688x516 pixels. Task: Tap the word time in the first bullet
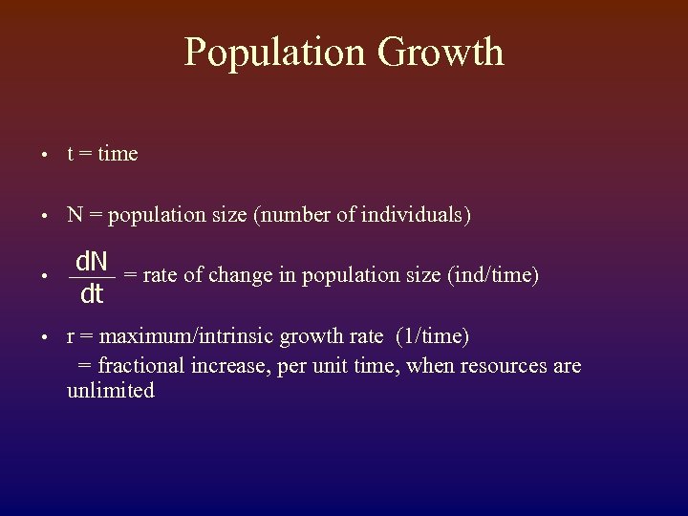[118, 154]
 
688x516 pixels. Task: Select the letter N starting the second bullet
[75, 216]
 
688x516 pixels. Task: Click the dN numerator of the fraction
[92, 260]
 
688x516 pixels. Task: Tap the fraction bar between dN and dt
[92, 277]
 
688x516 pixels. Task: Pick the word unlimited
[110, 391]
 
